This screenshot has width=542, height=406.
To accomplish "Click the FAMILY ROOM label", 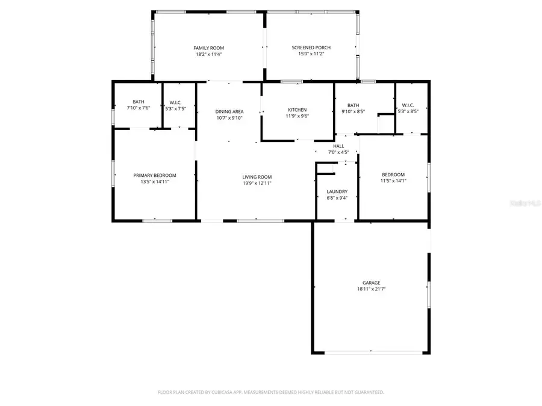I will point(209,48).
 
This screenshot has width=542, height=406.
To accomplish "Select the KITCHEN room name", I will point(297,110).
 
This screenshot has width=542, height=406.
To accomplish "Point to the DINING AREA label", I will point(229,111).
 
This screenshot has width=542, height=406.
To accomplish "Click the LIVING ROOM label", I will point(257,177).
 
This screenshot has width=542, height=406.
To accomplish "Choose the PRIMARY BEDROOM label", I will point(155,175).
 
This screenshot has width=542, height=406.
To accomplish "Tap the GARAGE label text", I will point(371,283).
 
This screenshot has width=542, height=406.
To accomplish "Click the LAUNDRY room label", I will point(337,192).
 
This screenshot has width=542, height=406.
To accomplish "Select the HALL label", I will point(338,146).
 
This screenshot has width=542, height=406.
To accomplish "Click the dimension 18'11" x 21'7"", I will point(371,289).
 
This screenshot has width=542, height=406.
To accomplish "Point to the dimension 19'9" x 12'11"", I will point(257,183).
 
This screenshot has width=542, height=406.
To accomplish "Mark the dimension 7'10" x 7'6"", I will point(139,108).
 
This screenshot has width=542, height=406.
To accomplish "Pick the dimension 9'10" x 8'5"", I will point(354,111).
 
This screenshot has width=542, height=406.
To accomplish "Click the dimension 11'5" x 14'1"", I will point(393,181).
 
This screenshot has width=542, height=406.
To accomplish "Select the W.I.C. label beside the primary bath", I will point(176,102).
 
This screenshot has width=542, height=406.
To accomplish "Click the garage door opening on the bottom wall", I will point(370,352).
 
